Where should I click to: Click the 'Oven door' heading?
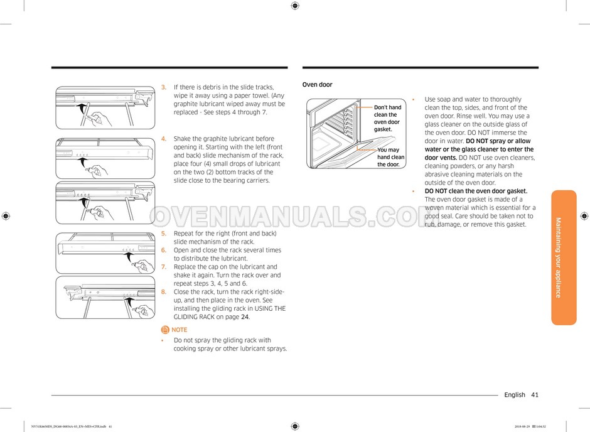tap(317, 85)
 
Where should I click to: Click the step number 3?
tap(164, 87)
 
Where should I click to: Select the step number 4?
tap(164, 139)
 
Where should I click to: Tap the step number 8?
tap(164, 292)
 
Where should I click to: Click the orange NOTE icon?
tap(165, 330)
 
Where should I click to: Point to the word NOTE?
tap(180, 330)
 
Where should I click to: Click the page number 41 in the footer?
tap(534, 395)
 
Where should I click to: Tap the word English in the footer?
tap(515, 395)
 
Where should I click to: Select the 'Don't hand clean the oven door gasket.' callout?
tap(387, 118)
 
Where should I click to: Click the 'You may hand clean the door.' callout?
tap(390, 157)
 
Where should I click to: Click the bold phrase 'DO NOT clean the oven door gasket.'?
tap(476, 191)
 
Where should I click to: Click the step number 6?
tap(164, 250)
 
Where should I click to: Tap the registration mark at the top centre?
tap(295, 6)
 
